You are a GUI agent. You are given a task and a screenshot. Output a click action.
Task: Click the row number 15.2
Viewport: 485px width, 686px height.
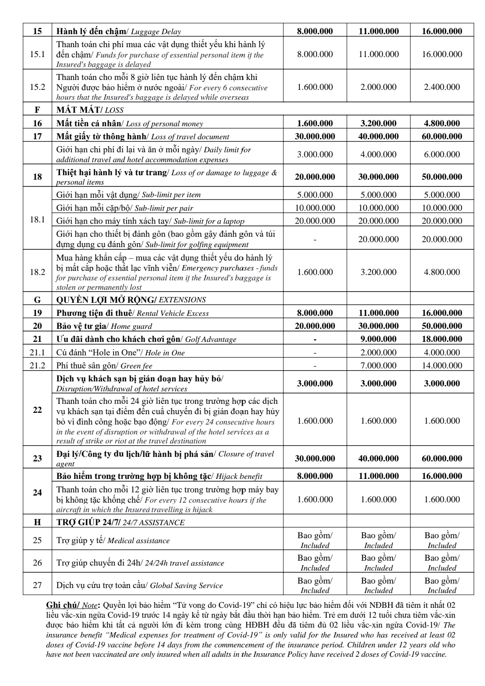[x=37, y=87]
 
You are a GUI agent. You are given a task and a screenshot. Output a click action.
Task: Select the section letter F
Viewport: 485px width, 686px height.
[x=37, y=110]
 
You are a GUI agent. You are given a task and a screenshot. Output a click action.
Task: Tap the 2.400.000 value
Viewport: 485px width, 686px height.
[x=442, y=87]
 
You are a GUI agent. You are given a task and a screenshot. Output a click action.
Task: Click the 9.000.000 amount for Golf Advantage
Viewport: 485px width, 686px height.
[x=378, y=339]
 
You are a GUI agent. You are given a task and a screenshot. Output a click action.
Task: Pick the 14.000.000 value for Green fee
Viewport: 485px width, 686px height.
[x=442, y=366]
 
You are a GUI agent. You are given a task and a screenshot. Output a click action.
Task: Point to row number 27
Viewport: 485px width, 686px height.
[x=37, y=585]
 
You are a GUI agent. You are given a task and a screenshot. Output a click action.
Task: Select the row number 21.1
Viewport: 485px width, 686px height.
[x=37, y=353]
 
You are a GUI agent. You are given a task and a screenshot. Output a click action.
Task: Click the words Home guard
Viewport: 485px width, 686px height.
[x=131, y=327]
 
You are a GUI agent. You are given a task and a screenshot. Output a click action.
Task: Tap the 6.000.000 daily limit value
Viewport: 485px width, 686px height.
[x=442, y=155]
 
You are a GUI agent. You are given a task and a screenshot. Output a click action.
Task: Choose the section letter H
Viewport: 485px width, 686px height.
[x=37, y=522]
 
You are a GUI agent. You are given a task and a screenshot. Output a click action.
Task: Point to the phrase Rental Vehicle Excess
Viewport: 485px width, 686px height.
[x=172, y=314]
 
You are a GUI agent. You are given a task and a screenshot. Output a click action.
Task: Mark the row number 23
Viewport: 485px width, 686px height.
[x=37, y=458]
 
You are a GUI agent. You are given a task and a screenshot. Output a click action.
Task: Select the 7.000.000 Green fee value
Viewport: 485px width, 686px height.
[x=378, y=366]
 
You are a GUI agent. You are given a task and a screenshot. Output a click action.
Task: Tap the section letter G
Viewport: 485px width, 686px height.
[x=37, y=300]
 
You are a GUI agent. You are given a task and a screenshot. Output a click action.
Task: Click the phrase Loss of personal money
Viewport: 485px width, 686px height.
[x=164, y=124]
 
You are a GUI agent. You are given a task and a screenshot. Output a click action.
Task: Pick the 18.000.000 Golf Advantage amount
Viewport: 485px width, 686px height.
[x=442, y=339]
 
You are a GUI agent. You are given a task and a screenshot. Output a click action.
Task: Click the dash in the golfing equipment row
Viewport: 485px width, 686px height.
[x=315, y=239]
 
